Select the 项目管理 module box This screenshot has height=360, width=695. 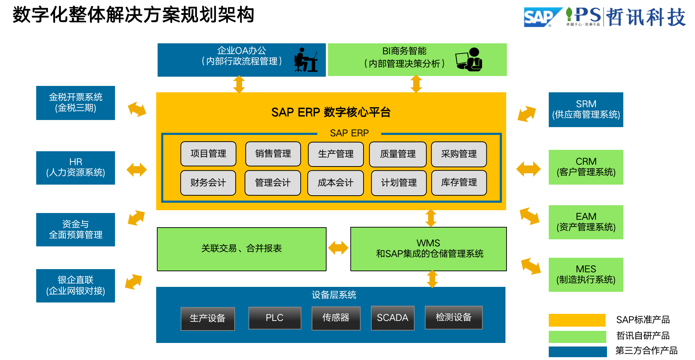click(x=208, y=154)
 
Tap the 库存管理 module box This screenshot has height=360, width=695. click(x=459, y=182)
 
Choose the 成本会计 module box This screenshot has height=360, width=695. click(x=335, y=183)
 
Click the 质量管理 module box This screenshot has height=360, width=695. click(x=398, y=154)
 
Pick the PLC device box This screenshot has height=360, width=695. click(x=275, y=318)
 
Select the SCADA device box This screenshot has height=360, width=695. click(x=393, y=318)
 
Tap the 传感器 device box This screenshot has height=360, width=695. click(x=336, y=318)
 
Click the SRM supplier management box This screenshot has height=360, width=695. click(x=586, y=109)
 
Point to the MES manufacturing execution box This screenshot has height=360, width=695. click(x=586, y=274)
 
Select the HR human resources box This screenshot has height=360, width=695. click(x=76, y=168)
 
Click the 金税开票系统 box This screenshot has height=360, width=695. click(x=76, y=103)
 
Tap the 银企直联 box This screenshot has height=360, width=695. click(x=76, y=285)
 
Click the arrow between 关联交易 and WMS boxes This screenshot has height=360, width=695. click(x=338, y=248)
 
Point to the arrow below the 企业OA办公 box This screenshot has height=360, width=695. click(x=239, y=84)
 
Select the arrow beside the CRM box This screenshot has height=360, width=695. click(x=529, y=169)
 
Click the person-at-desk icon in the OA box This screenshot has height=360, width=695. click(x=306, y=60)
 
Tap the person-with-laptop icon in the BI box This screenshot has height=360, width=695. click(x=469, y=60)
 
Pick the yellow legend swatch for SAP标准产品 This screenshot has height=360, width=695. click(x=577, y=320)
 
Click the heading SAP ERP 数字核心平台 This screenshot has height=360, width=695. click(x=331, y=112)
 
